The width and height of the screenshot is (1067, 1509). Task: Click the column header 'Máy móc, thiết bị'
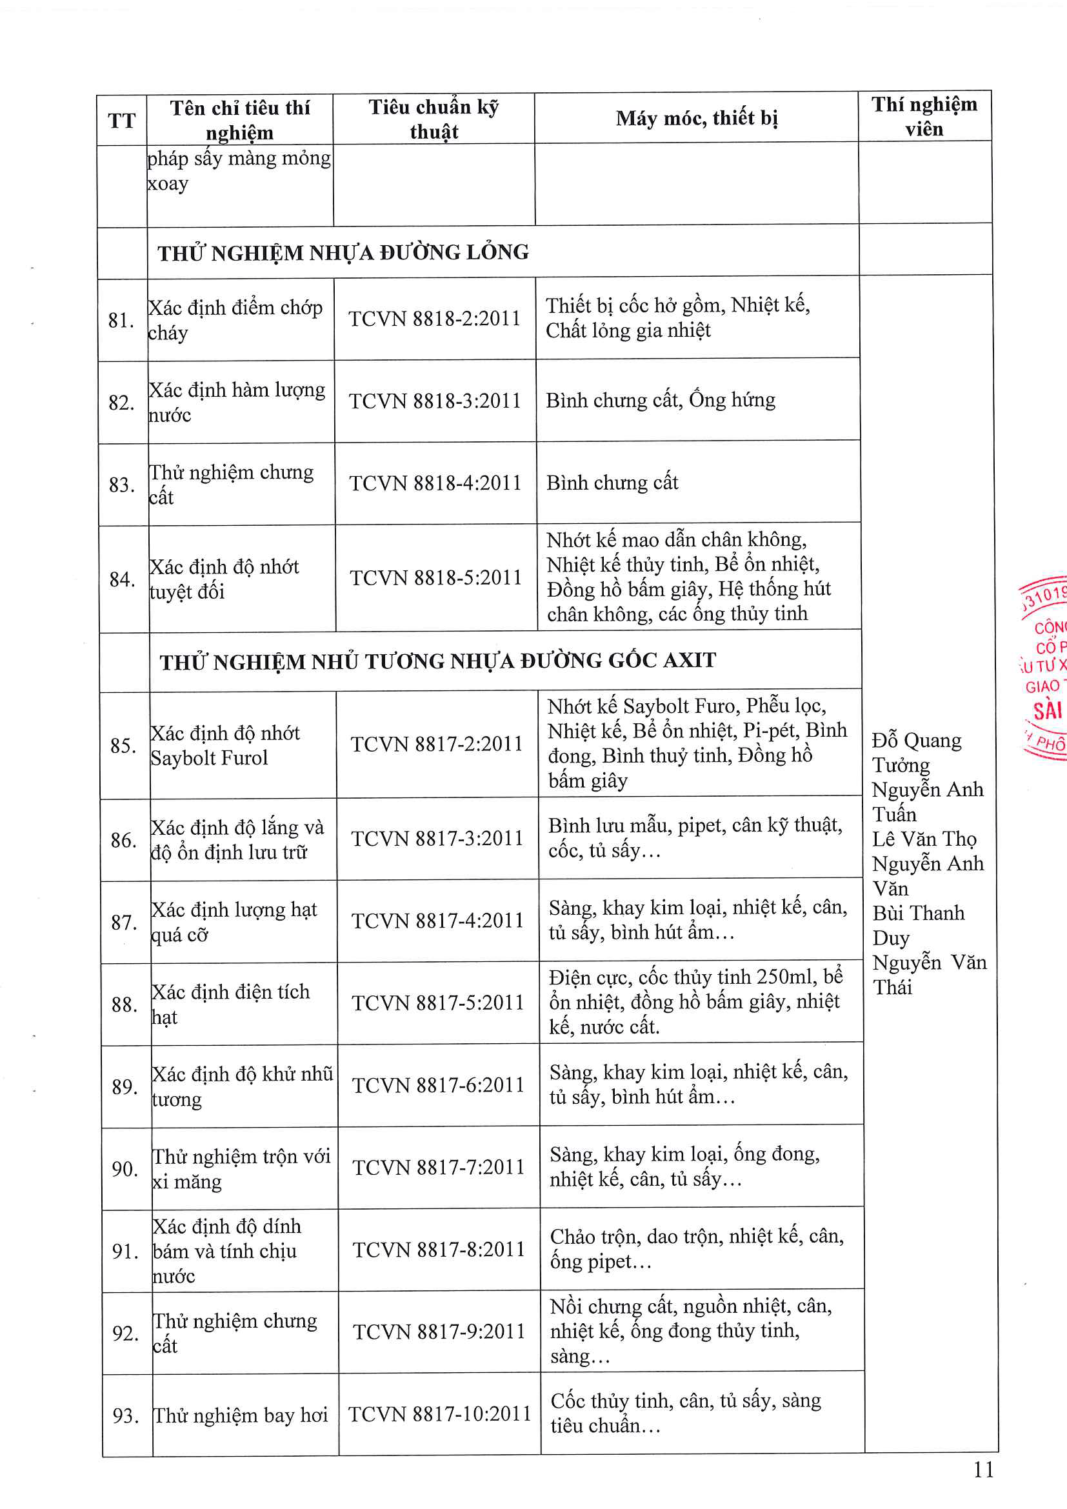[697, 118]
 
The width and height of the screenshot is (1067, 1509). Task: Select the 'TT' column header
[121, 121]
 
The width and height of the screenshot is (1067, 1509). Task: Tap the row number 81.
[121, 320]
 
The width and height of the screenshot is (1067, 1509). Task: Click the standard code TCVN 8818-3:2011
[434, 401]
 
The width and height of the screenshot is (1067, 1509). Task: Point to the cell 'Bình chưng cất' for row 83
[612, 483]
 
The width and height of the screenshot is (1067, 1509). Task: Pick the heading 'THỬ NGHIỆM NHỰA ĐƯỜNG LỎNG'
[343, 252]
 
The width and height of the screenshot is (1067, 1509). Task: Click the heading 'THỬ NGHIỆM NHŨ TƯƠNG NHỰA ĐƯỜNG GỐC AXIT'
[437, 661]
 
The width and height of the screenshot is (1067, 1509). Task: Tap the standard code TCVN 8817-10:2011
[439, 1414]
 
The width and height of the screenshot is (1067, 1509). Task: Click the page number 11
[984, 1470]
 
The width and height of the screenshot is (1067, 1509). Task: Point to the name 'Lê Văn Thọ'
[924, 839]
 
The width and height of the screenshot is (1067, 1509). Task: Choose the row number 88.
[124, 1004]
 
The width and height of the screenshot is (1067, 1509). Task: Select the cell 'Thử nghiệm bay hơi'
[240, 1415]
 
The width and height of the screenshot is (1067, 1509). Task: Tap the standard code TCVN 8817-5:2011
[437, 1003]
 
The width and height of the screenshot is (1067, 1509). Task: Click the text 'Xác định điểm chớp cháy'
[235, 320]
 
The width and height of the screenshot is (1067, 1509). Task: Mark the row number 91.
[126, 1251]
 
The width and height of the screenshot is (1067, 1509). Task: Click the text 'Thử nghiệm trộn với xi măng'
[241, 1168]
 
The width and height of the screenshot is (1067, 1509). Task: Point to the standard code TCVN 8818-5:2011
[435, 577]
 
